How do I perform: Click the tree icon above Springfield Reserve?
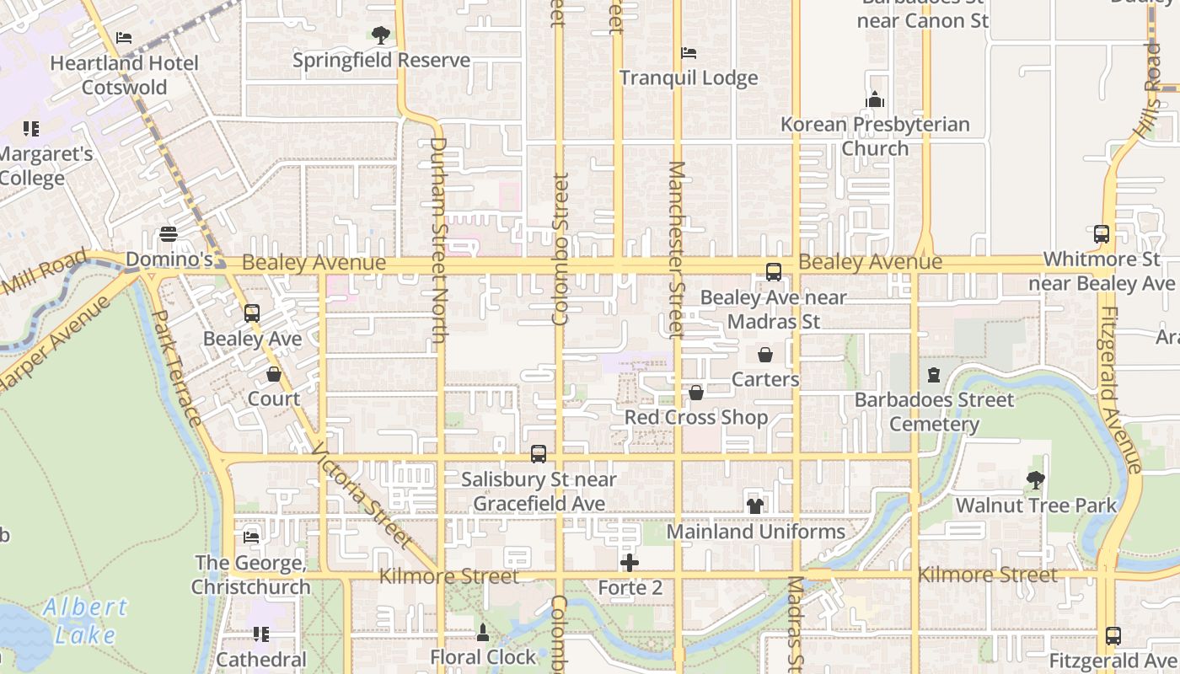pyautogui.click(x=381, y=35)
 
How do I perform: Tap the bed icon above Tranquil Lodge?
pyautogui.click(x=689, y=53)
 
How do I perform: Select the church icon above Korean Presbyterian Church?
pyautogui.click(x=875, y=99)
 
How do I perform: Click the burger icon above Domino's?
pyautogui.click(x=169, y=234)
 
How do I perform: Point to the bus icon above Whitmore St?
pyautogui.click(x=1101, y=234)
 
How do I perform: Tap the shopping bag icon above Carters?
pyautogui.click(x=765, y=355)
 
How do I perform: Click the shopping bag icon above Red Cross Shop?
pyautogui.click(x=696, y=393)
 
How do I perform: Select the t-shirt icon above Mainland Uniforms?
pyautogui.click(x=755, y=506)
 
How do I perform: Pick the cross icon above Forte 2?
pyautogui.click(x=630, y=563)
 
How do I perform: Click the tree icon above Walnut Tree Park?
pyautogui.click(x=1036, y=480)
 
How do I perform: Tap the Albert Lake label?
pyautogui.click(x=85, y=620)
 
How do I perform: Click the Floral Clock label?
pyautogui.click(x=483, y=657)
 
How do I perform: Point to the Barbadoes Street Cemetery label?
pyautogui.click(x=934, y=411)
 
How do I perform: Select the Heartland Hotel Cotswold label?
pyautogui.click(x=124, y=75)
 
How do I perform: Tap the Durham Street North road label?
pyautogui.click(x=438, y=240)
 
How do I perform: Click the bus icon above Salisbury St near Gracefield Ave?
pyautogui.click(x=539, y=454)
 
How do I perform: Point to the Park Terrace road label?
pyautogui.click(x=174, y=368)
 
